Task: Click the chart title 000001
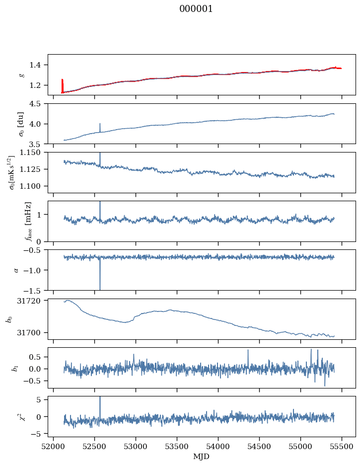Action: (x=196, y=9)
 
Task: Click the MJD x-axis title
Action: (x=201, y=457)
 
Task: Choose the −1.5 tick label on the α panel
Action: (x=35, y=290)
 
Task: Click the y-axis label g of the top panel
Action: (x=21, y=75)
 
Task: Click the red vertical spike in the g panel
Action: (x=62, y=85)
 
